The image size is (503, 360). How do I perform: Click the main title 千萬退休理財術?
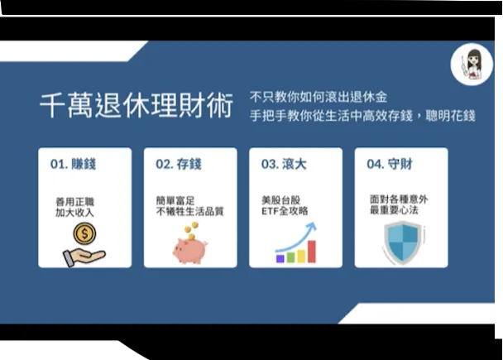[x=136, y=105]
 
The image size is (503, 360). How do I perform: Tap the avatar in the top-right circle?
[x=472, y=63]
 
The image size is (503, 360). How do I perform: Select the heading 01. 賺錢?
[x=73, y=164]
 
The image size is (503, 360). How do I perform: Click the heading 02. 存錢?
[x=177, y=164]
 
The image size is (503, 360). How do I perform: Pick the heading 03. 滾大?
[x=283, y=164]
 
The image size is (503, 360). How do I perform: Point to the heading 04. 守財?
[x=388, y=164]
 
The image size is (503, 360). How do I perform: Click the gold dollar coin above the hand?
[x=84, y=234]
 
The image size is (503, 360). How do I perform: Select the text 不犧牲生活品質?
[x=189, y=212]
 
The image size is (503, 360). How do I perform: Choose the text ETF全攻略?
[x=285, y=212]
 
